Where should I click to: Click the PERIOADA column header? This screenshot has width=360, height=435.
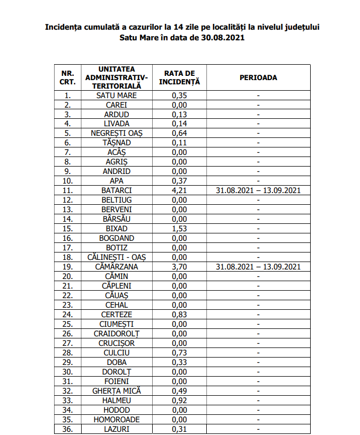(x=258, y=77)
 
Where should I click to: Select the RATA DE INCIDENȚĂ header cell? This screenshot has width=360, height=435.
(x=179, y=77)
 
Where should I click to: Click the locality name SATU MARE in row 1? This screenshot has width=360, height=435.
(x=116, y=95)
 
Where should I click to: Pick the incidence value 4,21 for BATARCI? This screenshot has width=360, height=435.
(x=179, y=190)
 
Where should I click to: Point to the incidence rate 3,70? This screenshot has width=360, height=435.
(x=179, y=267)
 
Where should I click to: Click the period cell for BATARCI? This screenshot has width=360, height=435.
(x=258, y=190)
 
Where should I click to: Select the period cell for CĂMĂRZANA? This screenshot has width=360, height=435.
(x=258, y=267)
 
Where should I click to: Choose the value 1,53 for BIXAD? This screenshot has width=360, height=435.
(x=179, y=229)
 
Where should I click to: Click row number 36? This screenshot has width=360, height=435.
(x=67, y=429)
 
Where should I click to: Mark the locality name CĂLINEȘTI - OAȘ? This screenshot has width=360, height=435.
(x=116, y=257)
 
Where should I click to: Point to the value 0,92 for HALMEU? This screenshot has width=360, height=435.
(x=179, y=400)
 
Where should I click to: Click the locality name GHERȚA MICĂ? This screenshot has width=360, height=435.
(x=116, y=390)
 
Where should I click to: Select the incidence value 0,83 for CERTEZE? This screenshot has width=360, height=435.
(x=179, y=315)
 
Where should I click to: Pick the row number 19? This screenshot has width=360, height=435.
(x=67, y=267)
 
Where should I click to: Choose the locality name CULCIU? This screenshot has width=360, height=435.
(x=116, y=353)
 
